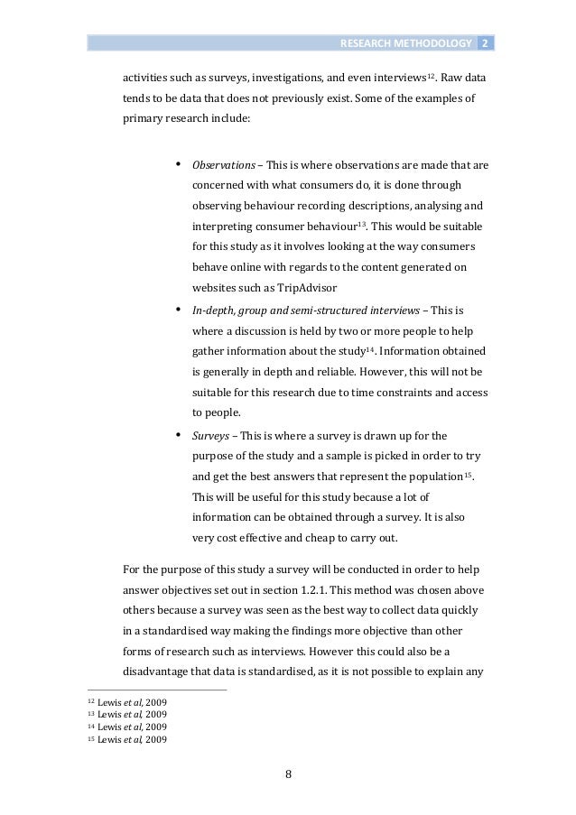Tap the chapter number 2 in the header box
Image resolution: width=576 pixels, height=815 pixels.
(484, 43)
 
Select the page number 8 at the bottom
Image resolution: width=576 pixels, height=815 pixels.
(289, 773)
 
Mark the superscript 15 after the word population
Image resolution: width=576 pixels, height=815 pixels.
(467, 472)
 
